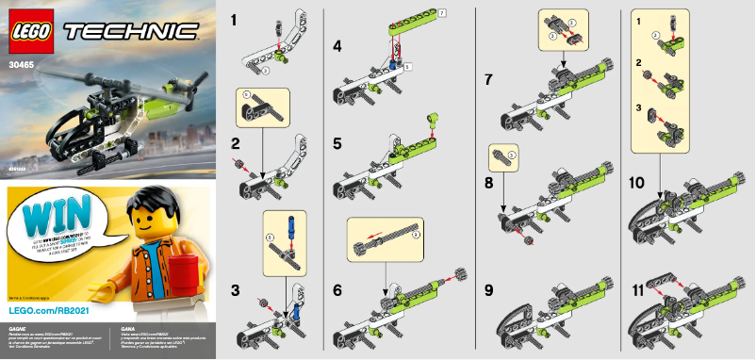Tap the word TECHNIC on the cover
[x=131, y=32]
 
